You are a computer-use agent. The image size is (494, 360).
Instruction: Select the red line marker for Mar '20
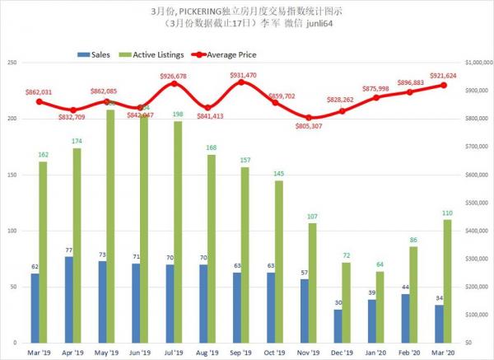tap(443, 85)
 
